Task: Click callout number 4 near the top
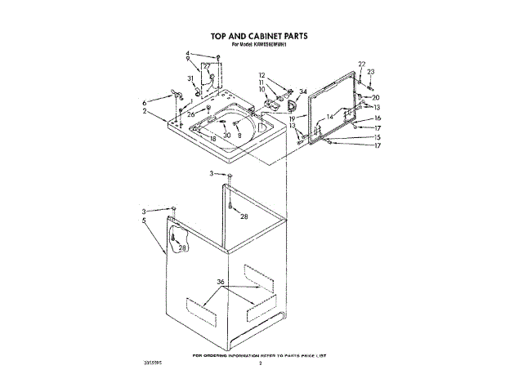(x=186, y=54)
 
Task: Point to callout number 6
(x=144, y=102)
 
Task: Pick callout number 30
(x=227, y=136)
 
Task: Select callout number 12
(x=261, y=75)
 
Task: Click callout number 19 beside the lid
(x=292, y=118)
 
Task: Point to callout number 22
(x=362, y=64)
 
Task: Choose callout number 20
(x=376, y=97)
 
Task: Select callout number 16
(x=378, y=118)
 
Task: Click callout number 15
(x=378, y=137)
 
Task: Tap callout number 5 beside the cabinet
(x=145, y=220)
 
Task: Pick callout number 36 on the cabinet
(x=221, y=283)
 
